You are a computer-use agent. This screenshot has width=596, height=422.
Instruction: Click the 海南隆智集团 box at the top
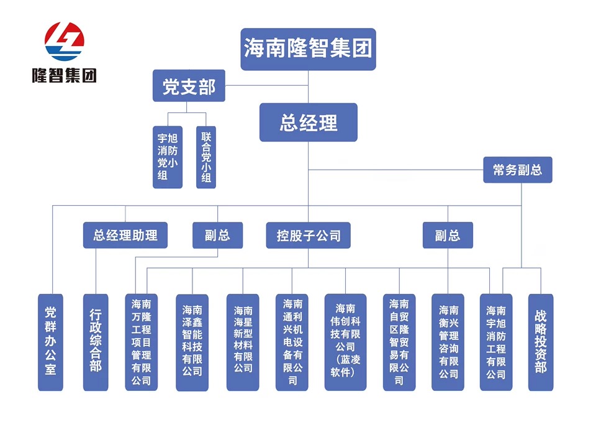click(308, 48)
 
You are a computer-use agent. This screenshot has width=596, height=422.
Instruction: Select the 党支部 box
click(189, 86)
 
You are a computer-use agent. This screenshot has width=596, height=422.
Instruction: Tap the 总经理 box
click(308, 122)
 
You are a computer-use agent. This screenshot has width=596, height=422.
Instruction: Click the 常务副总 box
click(517, 170)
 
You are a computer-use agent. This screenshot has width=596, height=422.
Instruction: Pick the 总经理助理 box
click(125, 236)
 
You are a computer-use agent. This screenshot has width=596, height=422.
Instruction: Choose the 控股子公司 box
click(309, 236)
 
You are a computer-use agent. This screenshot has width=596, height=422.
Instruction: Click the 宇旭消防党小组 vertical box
click(168, 157)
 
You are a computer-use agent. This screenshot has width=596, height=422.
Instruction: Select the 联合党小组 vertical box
click(206, 157)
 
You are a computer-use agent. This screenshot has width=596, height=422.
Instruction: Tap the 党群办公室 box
click(50, 342)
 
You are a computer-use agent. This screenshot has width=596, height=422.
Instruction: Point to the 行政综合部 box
click(95, 342)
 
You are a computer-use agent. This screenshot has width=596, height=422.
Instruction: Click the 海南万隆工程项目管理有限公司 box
click(141, 342)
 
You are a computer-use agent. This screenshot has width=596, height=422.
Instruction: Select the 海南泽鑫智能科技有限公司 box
click(192, 342)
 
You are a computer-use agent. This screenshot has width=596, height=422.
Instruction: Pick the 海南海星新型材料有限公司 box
click(243, 342)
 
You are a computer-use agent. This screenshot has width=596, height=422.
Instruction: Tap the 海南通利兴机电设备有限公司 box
click(292, 342)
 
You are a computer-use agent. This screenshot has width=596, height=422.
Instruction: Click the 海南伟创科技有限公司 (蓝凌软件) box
click(345, 342)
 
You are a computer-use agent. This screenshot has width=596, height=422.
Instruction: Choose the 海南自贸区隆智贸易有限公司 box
click(399, 342)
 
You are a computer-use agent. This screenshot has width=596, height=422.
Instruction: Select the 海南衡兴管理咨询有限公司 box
click(448, 342)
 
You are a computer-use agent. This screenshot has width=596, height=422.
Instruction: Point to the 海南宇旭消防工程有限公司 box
click(495, 342)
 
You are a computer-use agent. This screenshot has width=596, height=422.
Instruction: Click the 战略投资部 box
click(540, 342)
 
